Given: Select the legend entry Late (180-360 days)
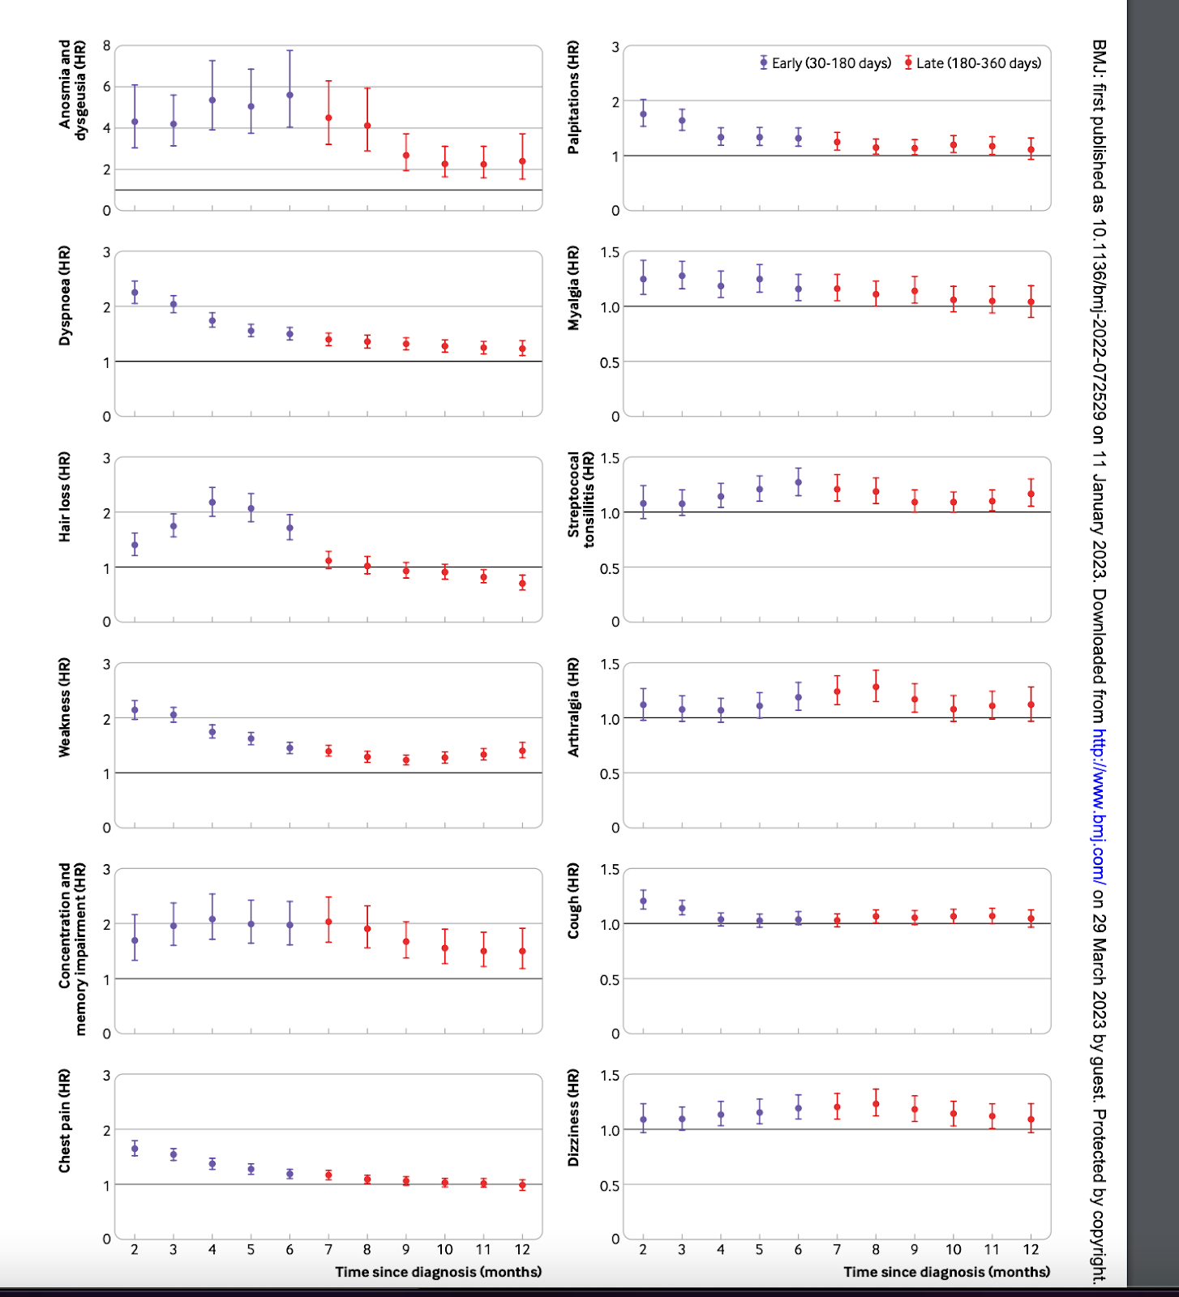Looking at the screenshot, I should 973,63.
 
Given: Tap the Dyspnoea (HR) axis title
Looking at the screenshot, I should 65,296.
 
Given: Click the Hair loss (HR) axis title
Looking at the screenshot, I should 65,497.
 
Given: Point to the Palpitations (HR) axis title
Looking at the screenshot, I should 574,97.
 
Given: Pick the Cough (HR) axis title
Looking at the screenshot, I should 574,901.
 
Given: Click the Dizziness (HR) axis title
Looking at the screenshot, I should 574,1118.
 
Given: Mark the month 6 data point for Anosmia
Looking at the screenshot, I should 289,95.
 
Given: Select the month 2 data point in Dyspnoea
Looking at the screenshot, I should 135,293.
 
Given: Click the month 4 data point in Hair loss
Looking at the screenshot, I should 212,503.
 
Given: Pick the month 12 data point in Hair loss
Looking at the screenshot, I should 522,584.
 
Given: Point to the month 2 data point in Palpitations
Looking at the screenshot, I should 643,114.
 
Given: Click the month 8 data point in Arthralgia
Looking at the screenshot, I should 876,687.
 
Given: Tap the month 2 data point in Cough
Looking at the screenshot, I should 643,901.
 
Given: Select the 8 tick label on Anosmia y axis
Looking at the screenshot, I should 106,45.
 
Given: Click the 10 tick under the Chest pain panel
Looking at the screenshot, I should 445,1250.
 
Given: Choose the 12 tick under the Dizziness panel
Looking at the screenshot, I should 1031,1250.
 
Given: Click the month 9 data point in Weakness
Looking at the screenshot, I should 406,760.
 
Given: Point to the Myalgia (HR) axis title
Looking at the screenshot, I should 574,288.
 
